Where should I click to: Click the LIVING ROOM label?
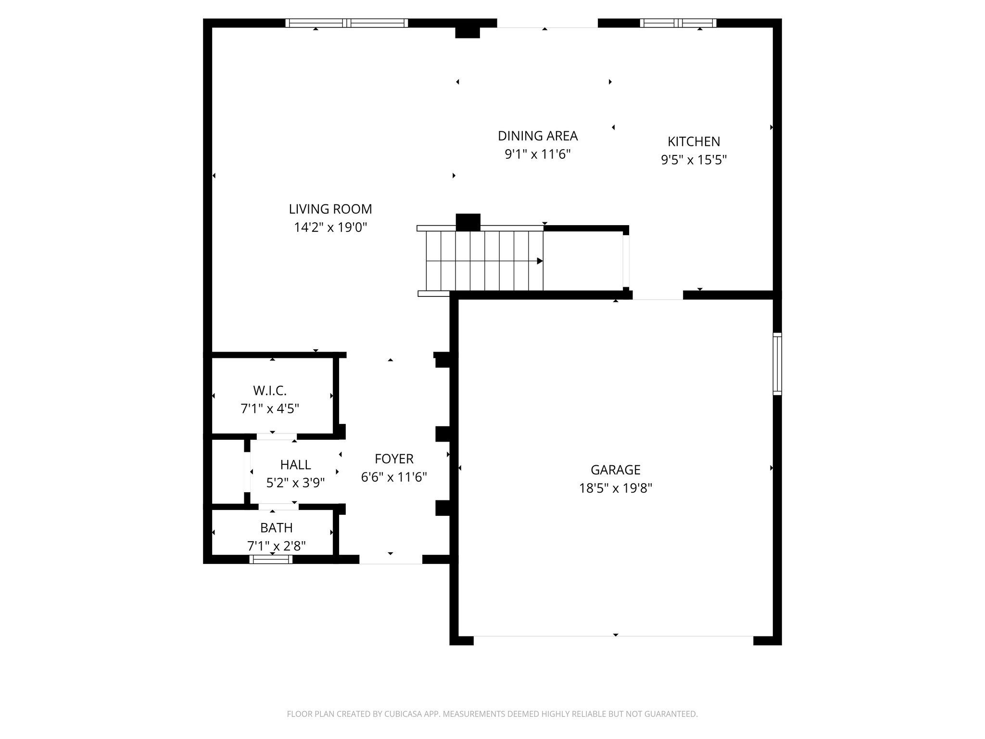click(330, 209)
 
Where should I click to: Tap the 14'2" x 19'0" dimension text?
click(330, 227)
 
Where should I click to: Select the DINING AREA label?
click(537, 136)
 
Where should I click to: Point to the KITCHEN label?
click(694, 141)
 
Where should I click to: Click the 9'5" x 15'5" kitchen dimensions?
click(694, 160)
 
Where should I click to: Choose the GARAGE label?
click(615, 470)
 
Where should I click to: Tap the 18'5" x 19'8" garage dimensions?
click(615, 488)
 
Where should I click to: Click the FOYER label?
click(394, 459)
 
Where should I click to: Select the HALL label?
click(295, 465)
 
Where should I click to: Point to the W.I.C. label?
click(269, 390)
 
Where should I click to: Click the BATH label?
click(276, 528)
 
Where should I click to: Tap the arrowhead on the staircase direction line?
click(540, 261)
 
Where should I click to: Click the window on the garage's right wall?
click(777, 364)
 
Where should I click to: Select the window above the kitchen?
click(678, 23)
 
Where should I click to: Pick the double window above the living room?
click(346, 23)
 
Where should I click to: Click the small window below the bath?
click(271, 559)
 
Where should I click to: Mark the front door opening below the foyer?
click(391, 560)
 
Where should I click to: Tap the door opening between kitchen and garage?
click(657, 295)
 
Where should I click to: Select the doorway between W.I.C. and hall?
click(276, 436)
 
